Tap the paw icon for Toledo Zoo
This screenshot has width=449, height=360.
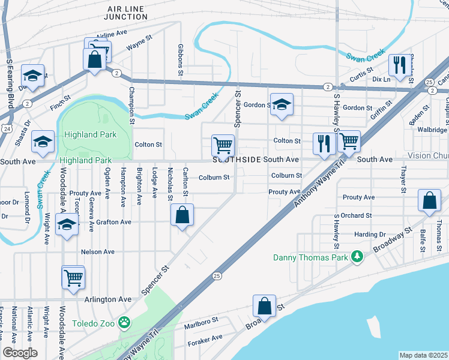[x=124, y=323]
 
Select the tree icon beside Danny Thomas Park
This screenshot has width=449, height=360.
[x=357, y=257]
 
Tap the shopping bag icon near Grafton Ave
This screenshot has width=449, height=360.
[x=182, y=215]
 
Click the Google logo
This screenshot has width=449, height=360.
[x=20, y=353]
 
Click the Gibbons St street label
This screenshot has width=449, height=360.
[x=180, y=60]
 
